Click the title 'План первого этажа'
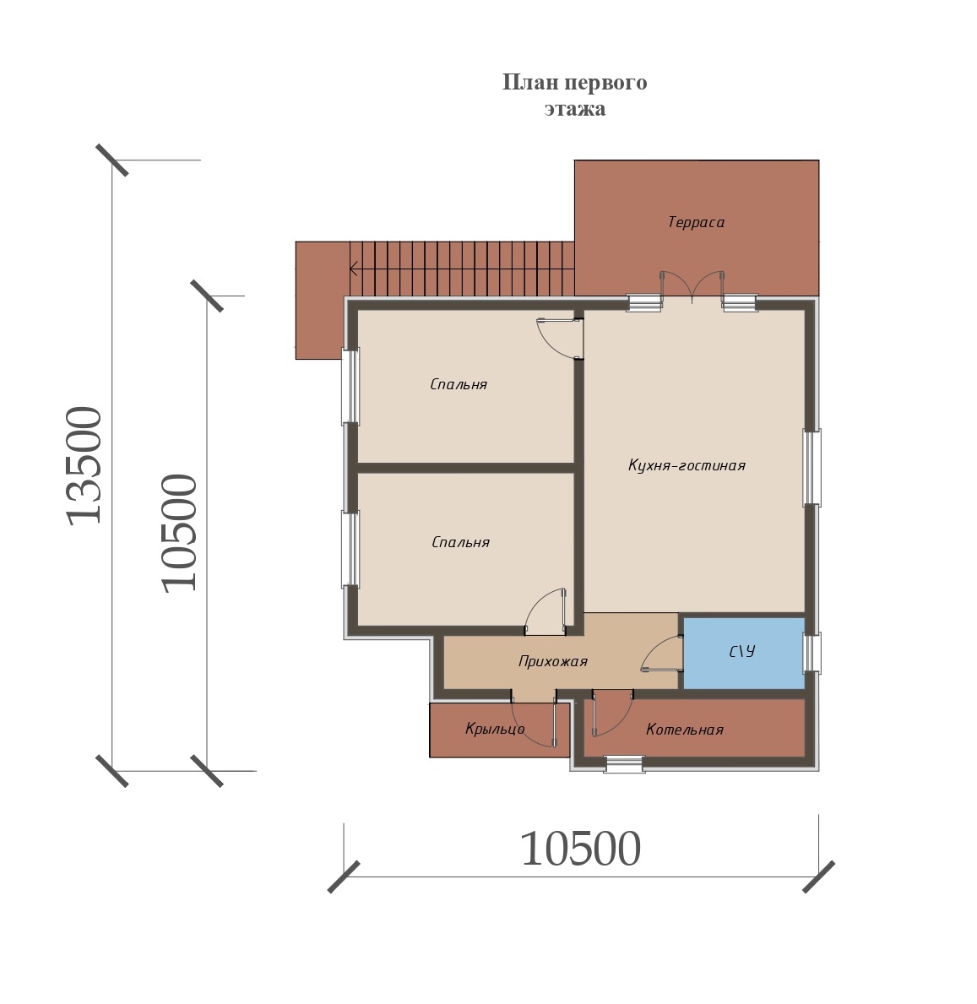(574, 95)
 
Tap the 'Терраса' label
(696, 222)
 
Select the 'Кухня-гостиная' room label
(687, 465)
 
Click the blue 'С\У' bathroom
(744, 653)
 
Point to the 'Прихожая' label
(552, 661)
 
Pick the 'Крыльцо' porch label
(495, 729)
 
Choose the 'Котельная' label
(685, 730)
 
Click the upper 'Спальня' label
(459, 384)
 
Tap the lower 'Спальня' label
(460, 542)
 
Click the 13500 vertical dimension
(84, 465)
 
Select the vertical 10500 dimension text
(179, 533)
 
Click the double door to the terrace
(692, 285)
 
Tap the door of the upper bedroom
(558, 338)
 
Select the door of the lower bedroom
(545, 611)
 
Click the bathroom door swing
(660, 653)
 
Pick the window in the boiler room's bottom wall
(624, 764)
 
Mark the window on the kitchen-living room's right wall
(811, 468)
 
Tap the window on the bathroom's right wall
(811, 653)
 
